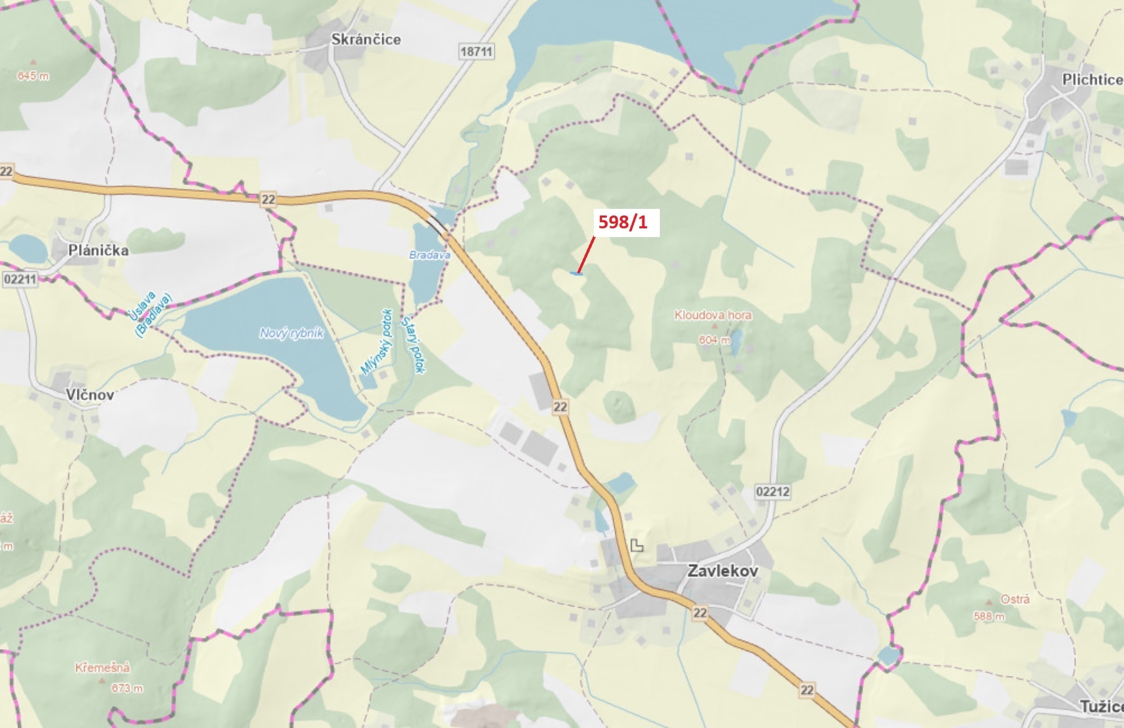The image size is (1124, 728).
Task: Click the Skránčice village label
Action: coord(366,39)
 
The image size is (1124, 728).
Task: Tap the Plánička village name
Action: coord(98,250)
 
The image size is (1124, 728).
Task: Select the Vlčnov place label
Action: coord(90,395)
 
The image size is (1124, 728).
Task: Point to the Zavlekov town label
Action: coord(722,571)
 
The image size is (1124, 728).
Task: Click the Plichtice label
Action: coord(1092,80)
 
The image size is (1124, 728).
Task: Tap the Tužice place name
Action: coord(1101,706)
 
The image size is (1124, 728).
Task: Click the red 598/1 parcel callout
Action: coord(623,222)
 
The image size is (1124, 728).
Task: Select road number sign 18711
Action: coord(476,52)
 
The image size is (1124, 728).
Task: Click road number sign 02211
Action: coord(20,280)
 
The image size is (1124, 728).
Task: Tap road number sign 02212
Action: coord(773,492)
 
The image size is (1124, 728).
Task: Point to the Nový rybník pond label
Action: coord(292,334)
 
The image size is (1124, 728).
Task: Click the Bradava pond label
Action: coord(429,255)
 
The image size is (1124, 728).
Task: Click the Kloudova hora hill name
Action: coord(713,315)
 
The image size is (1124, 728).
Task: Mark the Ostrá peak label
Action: coord(1015,599)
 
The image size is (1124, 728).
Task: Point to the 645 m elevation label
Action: coord(33,76)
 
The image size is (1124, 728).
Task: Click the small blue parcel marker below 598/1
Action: coord(576,274)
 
